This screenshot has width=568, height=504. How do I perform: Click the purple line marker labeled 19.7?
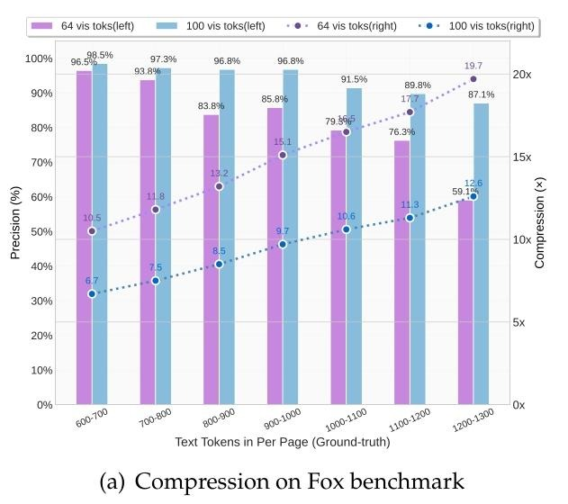tap(473, 79)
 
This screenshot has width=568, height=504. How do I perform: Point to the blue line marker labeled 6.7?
tap(92, 293)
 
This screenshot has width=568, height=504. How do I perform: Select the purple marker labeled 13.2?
tap(219, 186)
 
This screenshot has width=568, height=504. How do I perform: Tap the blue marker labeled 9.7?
tap(283, 244)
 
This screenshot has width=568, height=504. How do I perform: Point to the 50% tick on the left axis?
tap(40, 231)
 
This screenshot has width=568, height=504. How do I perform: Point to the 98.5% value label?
tap(100, 55)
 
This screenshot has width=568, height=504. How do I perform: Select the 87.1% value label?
tap(482, 94)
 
